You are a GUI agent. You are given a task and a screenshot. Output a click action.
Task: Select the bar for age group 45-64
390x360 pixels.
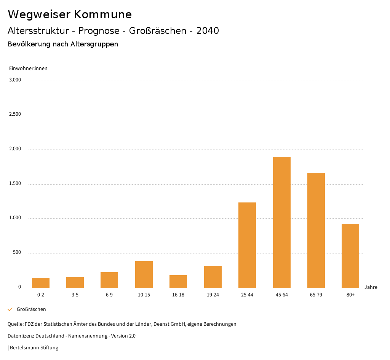(x=281, y=222)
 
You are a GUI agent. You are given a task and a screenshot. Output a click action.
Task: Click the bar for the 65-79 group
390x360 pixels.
(x=316, y=230)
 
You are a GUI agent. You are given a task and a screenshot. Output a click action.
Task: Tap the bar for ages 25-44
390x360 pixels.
(x=247, y=245)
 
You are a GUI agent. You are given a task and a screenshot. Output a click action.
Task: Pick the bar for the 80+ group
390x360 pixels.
(x=350, y=256)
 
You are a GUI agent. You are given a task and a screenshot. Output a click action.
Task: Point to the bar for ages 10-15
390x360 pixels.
(x=144, y=274)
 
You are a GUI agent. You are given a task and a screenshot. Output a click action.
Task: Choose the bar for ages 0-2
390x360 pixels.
(x=41, y=283)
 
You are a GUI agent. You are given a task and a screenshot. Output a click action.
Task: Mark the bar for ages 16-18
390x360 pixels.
(x=178, y=281)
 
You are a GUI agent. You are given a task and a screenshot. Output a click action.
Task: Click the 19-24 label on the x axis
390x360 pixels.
(x=213, y=295)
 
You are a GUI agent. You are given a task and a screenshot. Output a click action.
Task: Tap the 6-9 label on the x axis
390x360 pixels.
(x=109, y=295)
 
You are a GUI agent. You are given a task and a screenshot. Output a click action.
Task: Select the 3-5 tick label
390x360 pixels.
(x=75, y=295)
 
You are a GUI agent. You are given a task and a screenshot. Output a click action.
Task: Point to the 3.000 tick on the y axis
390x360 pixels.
(x=15, y=80)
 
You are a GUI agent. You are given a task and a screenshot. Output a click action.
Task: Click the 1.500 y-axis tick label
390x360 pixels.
(x=15, y=183)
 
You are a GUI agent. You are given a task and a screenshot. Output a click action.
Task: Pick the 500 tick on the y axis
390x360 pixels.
(x=17, y=252)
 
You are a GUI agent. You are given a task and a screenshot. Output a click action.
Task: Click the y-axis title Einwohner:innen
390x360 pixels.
(x=28, y=68)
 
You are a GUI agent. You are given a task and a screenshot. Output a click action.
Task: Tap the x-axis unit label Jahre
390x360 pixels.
(x=371, y=287)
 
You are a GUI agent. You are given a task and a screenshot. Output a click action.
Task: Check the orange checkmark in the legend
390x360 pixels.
(x=10, y=309)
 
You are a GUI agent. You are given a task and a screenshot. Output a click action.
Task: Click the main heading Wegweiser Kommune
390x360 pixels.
(x=70, y=14)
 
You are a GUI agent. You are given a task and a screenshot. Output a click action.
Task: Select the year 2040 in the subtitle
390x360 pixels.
(x=208, y=31)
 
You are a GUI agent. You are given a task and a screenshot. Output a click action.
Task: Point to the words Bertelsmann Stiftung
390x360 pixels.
(x=34, y=348)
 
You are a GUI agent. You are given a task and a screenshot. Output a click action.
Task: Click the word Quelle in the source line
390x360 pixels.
(x=15, y=324)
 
